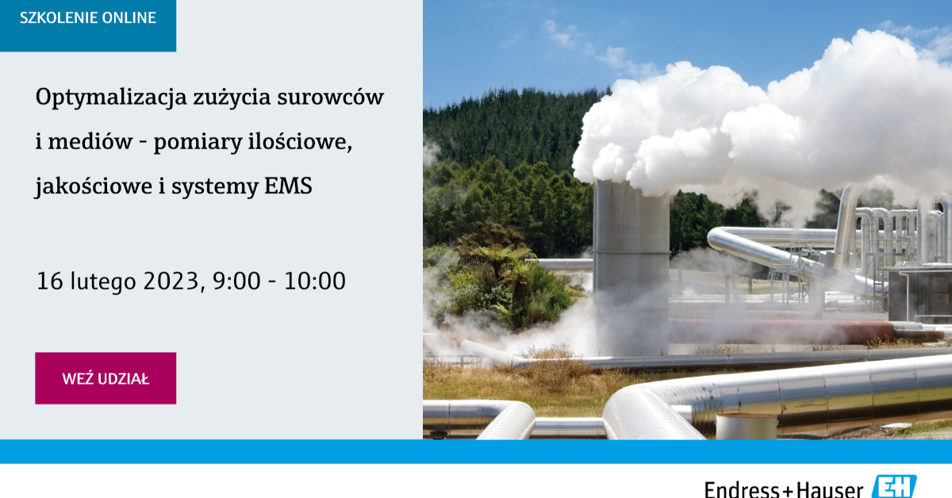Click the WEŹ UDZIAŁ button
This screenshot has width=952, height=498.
[x=106, y=378]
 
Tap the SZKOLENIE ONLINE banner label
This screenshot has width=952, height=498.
[x=88, y=18]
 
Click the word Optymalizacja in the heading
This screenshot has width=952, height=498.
[x=111, y=98]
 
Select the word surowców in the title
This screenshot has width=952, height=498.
[x=331, y=97]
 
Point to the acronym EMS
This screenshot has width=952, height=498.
[x=288, y=186]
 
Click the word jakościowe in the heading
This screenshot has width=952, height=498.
[x=94, y=186]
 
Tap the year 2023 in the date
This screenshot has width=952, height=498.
[x=171, y=282]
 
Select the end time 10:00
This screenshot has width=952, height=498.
[x=315, y=282]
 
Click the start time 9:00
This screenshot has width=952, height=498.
[x=236, y=282]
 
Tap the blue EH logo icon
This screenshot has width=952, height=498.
[x=894, y=487]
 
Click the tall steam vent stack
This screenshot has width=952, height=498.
[x=631, y=268]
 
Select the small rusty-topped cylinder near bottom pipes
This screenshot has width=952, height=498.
[x=747, y=427]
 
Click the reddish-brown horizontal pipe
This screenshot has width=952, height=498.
[x=808, y=331]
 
